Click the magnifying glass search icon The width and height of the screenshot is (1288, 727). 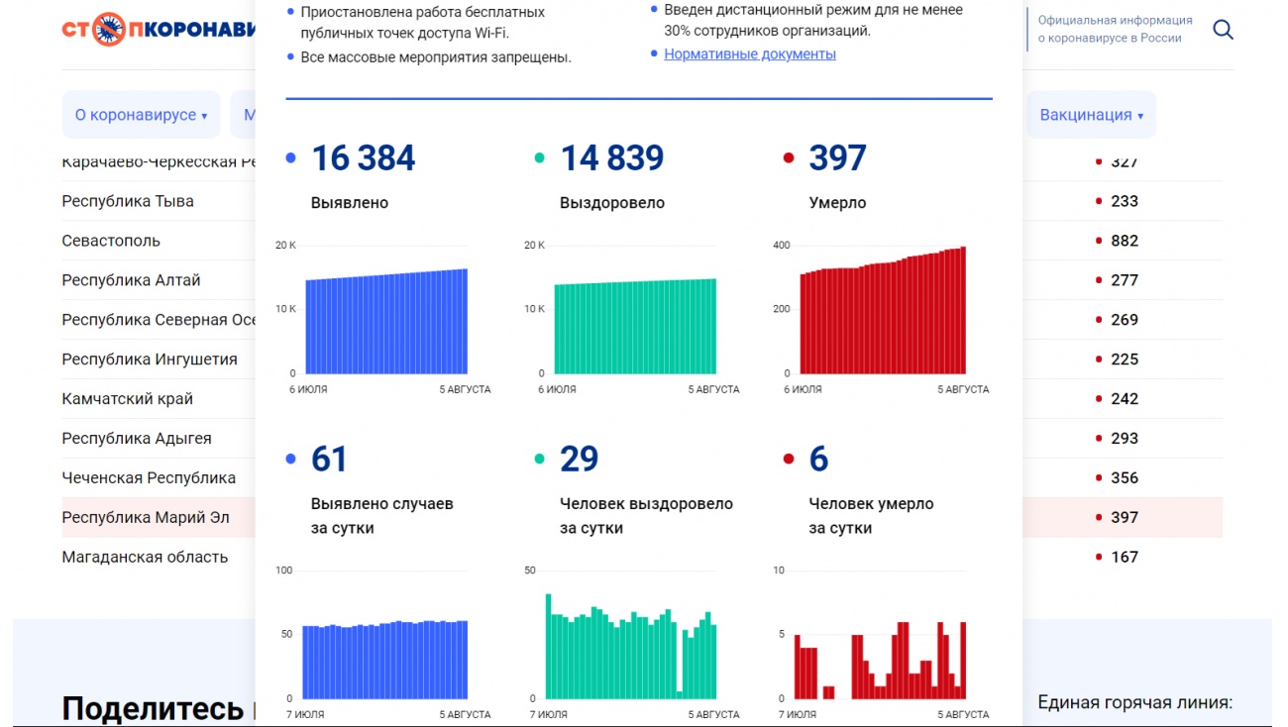point(1223,30)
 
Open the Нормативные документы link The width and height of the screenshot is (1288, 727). point(749,54)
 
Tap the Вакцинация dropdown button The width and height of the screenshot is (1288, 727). point(1091,115)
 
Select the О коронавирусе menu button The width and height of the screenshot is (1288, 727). point(141,115)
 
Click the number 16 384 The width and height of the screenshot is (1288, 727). point(363,158)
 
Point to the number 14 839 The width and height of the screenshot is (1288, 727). point(611,158)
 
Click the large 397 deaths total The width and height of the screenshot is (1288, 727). point(837,158)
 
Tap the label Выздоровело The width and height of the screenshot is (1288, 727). point(611,203)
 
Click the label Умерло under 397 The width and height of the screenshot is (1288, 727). point(837,203)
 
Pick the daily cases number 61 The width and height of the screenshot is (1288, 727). point(329,460)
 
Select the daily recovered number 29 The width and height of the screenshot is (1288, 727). point(579,460)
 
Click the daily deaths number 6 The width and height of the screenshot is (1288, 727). point(818,460)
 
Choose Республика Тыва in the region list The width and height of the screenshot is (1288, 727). point(128,201)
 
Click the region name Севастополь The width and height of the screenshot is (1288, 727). point(111,241)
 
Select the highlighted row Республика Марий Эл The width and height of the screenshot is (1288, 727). point(146,517)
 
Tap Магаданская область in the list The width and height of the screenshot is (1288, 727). point(145,557)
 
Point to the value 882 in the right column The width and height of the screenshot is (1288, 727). point(1125,241)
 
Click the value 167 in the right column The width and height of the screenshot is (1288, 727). point(1125,557)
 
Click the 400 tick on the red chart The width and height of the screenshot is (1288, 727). point(781,245)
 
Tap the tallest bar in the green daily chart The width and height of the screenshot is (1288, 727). point(548,644)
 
